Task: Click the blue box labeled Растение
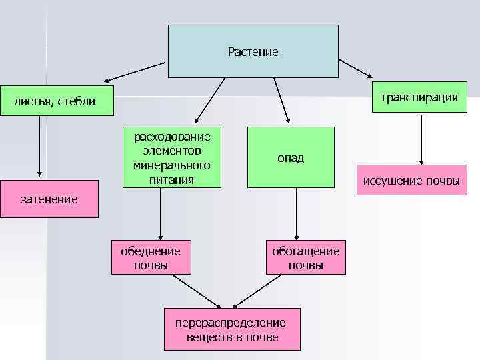pos(253,51)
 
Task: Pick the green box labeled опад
pos(290,157)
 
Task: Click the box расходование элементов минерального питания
pos(172,157)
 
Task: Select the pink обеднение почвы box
pos(150,257)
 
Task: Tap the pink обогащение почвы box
pos(306,257)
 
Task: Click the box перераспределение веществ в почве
pos(231,329)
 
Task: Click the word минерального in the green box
pos(172,164)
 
